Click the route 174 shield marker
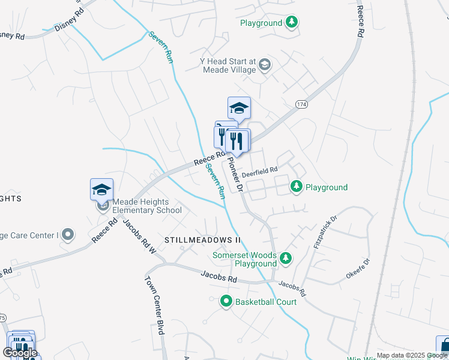click(301, 104)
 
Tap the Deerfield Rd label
click(260, 170)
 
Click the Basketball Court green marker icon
click(226, 301)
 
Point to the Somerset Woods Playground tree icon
click(286, 258)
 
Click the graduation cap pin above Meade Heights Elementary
click(101, 190)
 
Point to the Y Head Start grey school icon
click(265, 64)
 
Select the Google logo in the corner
click(20, 353)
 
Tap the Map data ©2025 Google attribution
click(412, 355)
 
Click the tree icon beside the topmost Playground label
click(292, 23)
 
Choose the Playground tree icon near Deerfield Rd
click(297, 187)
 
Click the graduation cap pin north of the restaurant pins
click(238, 109)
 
